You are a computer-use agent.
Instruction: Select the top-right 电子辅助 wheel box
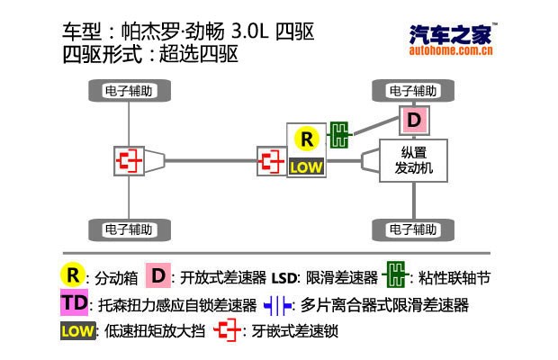point(412,91)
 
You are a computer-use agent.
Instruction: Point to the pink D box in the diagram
point(413,120)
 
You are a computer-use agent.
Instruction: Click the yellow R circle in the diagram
point(307,139)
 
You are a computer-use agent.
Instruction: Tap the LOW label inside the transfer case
point(307,166)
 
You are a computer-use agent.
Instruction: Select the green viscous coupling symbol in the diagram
point(339,135)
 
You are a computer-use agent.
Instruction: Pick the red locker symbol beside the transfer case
point(270,161)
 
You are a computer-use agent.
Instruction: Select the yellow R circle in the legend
point(71,274)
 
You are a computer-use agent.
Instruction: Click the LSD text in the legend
point(285,276)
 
